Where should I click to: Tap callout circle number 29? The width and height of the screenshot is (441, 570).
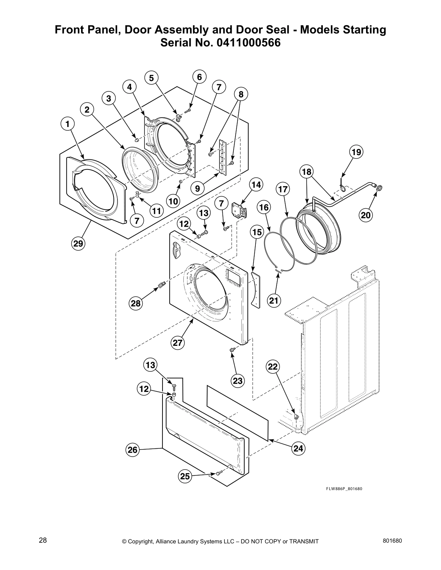[78, 244]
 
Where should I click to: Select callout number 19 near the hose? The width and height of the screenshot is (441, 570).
[356, 152]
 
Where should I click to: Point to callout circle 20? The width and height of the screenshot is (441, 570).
[366, 215]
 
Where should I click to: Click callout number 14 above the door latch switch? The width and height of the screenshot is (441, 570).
[256, 185]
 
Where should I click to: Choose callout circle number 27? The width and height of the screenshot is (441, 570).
[178, 343]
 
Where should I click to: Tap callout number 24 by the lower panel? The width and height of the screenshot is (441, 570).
[298, 448]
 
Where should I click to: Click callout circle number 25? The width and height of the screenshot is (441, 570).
[185, 476]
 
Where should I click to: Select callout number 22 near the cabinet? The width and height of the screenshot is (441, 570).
[273, 367]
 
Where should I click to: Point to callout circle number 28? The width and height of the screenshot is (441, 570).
[136, 303]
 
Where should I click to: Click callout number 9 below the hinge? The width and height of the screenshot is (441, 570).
[197, 188]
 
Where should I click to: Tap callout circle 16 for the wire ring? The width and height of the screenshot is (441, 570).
[264, 207]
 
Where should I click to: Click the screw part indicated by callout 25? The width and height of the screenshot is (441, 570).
[217, 474]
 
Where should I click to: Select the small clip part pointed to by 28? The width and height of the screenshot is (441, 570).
[161, 286]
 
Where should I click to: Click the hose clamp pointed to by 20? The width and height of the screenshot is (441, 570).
[379, 187]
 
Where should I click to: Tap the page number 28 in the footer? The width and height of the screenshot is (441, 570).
[43, 540]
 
